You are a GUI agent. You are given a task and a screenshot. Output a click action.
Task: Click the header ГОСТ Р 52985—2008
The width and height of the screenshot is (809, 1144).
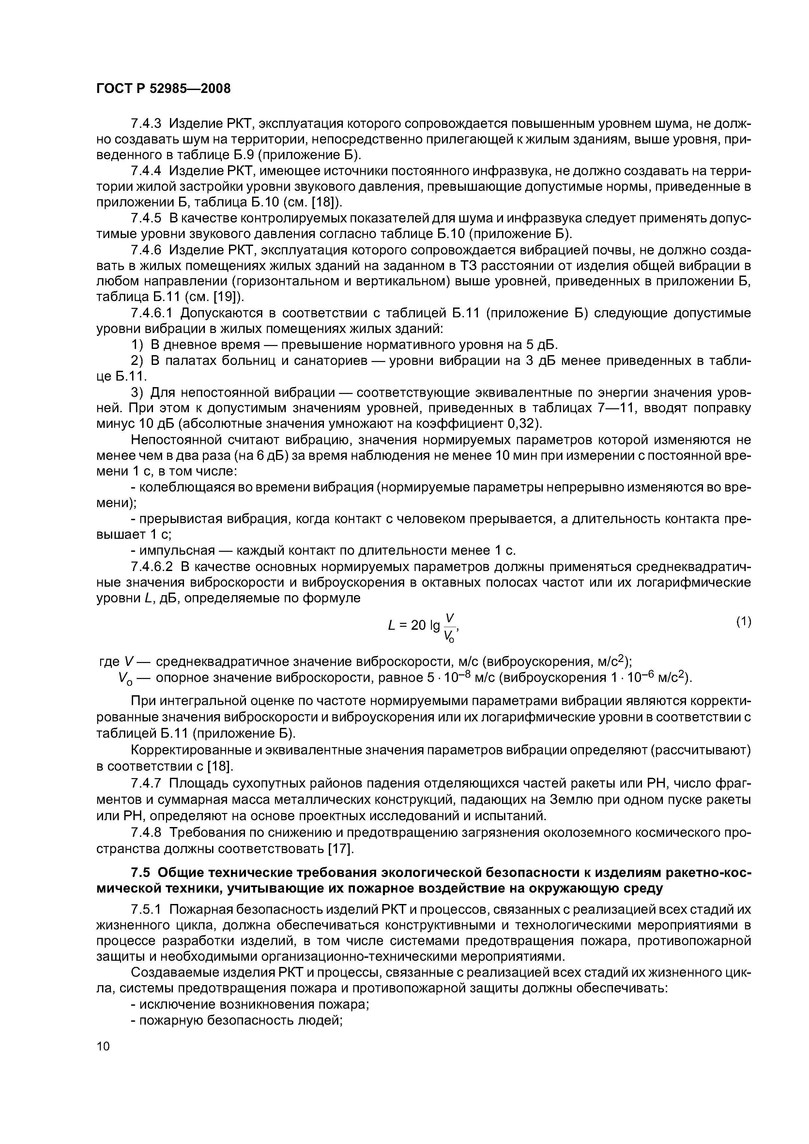[163, 89]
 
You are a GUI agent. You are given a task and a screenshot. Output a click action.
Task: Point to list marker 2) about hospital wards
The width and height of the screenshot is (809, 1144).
[137, 360]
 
